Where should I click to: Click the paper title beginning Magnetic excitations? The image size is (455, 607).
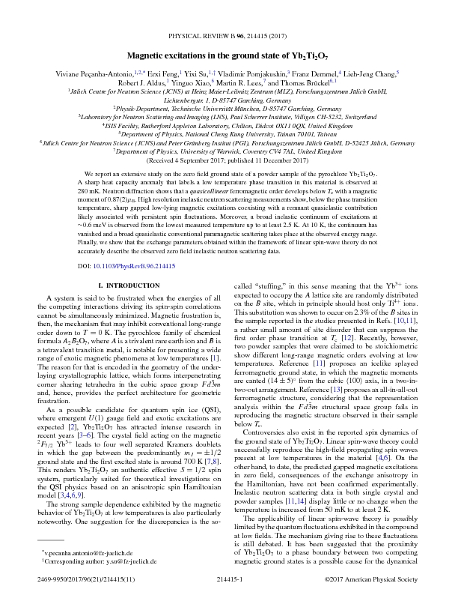(x=227, y=35)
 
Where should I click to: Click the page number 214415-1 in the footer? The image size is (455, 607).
(x=227, y=600)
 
